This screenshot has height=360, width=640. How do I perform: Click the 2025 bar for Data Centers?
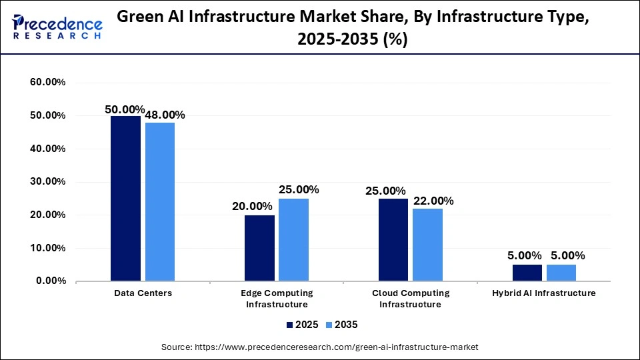click(126, 198)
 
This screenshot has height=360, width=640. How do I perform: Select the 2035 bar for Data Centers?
click(160, 201)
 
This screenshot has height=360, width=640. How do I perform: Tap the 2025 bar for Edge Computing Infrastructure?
click(259, 247)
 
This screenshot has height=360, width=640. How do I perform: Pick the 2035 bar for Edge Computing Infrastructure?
click(293, 239)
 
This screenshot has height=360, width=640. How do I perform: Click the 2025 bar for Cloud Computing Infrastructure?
click(393, 239)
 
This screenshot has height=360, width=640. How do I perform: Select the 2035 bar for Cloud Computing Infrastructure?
click(427, 244)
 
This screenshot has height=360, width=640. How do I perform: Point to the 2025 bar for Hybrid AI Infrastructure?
click(527, 273)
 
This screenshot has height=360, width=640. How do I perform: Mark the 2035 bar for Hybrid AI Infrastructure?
click(561, 273)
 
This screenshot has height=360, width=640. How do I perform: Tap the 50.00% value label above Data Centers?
click(125, 109)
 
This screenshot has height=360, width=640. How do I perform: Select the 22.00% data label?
click(433, 201)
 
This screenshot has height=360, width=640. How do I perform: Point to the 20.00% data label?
click(252, 207)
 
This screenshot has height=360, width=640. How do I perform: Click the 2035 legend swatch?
click(329, 325)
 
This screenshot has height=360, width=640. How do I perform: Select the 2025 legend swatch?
click(291, 325)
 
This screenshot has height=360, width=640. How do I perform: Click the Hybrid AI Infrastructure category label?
click(544, 293)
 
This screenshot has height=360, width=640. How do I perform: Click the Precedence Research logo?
click(57, 27)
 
